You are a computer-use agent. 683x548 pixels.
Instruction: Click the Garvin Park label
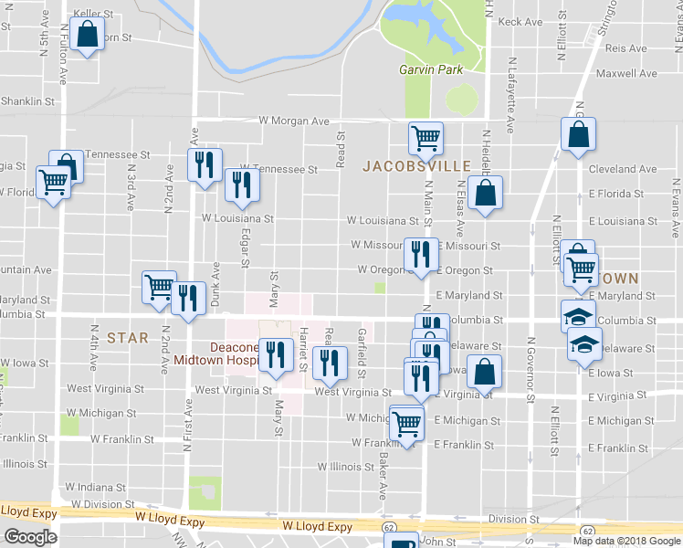(x=431, y=69)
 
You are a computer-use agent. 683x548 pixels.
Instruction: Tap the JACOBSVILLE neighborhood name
(x=415, y=166)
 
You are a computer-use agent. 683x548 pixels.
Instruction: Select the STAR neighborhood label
(x=127, y=337)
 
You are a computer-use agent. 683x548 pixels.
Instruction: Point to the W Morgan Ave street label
(x=293, y=121)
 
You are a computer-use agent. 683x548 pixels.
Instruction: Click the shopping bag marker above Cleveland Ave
(x=579, y=136)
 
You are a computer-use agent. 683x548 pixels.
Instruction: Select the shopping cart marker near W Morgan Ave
(x=426, y=139)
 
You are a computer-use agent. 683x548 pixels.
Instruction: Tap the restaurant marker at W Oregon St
(x=419, y=256)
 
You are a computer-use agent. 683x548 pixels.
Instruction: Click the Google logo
(x=30, y=537)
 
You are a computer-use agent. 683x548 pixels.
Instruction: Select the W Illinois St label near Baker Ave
(x=346, y=466)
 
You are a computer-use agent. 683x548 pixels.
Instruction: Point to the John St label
(x=437, y=542)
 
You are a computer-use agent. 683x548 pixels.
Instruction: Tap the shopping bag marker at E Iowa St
(x=485, y=373)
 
